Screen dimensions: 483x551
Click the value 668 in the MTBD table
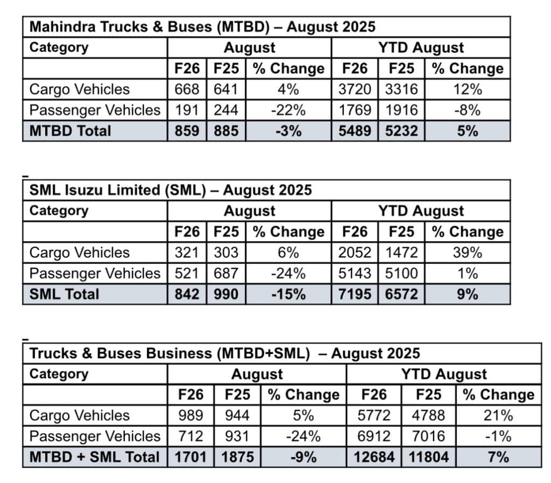[x=187, y=89]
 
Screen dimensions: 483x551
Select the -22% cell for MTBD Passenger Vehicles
[x=288, y=110]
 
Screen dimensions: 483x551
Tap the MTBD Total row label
[x=70, y=131]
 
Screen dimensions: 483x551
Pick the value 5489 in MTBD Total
[x=355, y=131]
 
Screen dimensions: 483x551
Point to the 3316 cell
[x=401, y=89]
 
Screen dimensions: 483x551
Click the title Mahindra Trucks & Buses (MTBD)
[x=202, y=27]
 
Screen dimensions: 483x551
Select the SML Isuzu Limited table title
[x=171, y=190]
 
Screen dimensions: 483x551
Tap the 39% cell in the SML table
[x=467, y=253]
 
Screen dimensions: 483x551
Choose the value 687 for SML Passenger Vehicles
[x=226, y=274]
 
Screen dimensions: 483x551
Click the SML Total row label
[x=65, y=294]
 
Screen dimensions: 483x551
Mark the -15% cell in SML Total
[x=288, y=294]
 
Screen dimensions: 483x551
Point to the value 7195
[x=355, y=294]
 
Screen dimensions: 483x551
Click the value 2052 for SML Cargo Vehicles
[x=355, y=253]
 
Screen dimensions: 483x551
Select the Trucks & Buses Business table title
[x=224, y=353]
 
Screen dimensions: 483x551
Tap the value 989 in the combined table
[x=191, y=416]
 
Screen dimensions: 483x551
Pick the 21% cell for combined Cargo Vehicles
[x=498, y=416]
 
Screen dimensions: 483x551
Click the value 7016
[x=428, y=436]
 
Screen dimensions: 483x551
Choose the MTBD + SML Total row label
[x=95, y=457]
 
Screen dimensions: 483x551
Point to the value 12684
[x=374, y=457]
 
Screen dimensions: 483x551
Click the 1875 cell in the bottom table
[x=238, y=457]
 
